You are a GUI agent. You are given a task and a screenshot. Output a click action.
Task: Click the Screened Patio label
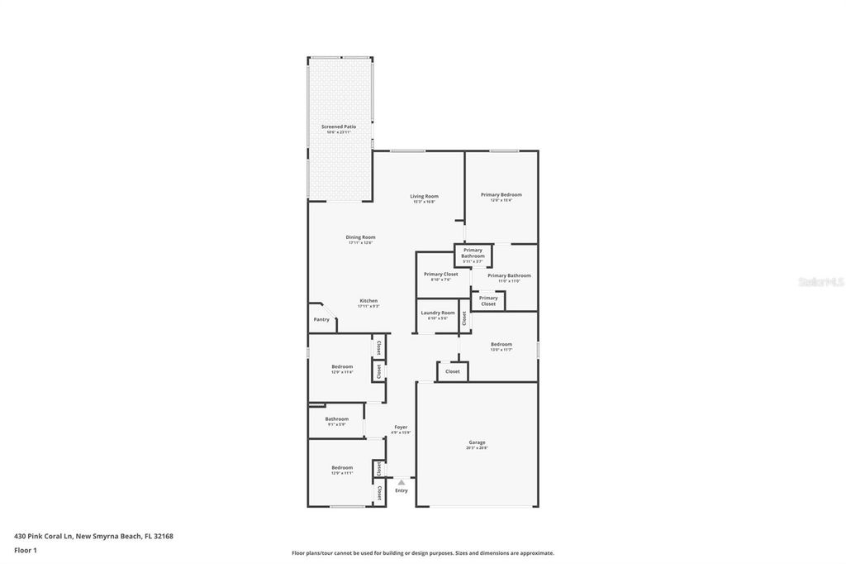tap(339, 127)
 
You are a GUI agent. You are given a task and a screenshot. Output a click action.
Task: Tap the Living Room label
tap(424, 196)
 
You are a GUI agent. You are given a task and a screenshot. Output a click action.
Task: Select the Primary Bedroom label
tap(501, 194)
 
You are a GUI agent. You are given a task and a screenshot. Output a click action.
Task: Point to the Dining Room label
tap(360, 237)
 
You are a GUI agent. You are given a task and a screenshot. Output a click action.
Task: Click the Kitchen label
tap(368, 301)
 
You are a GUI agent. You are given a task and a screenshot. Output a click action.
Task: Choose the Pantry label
tap(321, 319)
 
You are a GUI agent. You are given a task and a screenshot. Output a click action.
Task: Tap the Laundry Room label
tap(437, 313)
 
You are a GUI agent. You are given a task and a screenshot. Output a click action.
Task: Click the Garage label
tap(477, 442)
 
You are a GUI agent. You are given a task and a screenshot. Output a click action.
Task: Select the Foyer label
tap(401, 427)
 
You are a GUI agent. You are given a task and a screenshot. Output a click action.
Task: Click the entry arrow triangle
tap(402, 482)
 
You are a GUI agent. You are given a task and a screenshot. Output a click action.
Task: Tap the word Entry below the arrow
tap(402, 490)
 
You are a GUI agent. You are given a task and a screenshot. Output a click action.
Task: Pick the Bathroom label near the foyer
tap(336, 418)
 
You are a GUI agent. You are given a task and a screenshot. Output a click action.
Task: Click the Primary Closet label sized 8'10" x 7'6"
tap(440, 274)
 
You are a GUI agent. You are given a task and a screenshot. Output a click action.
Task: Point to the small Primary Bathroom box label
tap(473, 253)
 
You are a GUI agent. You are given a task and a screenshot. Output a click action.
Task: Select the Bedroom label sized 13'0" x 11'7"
tap(501, 344)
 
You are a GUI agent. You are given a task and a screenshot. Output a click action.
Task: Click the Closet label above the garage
tap(452, 371)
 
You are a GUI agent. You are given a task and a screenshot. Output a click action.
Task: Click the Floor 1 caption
tap(26, 550)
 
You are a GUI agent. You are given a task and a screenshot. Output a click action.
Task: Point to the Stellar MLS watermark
tap(820, 282)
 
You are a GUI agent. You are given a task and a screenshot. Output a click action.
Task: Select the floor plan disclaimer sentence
tap(422, 553)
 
